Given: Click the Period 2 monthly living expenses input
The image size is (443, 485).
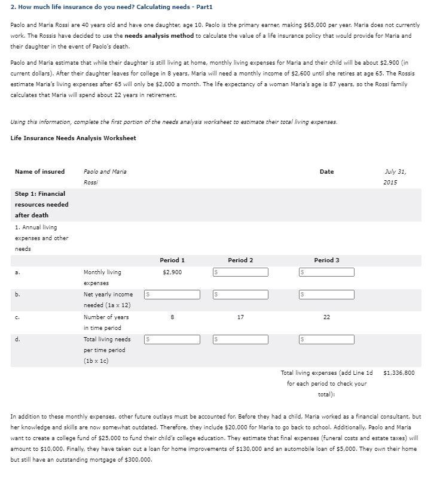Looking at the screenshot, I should click(x=240, y=272).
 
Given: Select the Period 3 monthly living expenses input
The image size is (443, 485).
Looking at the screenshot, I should click(x=326, y=272).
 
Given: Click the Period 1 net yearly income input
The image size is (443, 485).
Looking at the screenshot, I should click(x=172, y=295).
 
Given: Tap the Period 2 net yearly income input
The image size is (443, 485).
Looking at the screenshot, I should click(x=240, y=295).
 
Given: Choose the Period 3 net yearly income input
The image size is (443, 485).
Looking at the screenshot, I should click(x=326, y=295).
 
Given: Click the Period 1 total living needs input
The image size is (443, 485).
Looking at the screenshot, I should click(x=172, y=339).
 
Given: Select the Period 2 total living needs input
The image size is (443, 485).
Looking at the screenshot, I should click(x=240, y=339).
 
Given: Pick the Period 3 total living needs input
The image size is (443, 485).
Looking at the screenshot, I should click(x=326, y=339).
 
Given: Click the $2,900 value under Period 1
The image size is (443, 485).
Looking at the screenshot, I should click(x=172, y=272).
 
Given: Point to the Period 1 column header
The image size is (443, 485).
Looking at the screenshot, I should click(x=172, y=260).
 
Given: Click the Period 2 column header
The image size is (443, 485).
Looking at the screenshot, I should click(x=240, y=260).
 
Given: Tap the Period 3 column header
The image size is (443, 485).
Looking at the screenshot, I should click(x=326, y=260).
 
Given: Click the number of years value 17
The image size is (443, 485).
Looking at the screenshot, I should click(x=240, y=317).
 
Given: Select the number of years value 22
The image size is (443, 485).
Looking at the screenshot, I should click(x=326, y=317).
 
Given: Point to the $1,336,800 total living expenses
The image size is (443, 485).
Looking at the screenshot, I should click(x=398, y=372).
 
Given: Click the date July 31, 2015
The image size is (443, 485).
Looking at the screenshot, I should click(x=396, y=177).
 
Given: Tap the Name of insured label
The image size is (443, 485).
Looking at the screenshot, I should click(x=39, y=172).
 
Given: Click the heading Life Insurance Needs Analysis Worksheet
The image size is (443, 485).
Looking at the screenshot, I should click(x=73, y=138).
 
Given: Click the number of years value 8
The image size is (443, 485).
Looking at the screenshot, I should click(x=172, y=317).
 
